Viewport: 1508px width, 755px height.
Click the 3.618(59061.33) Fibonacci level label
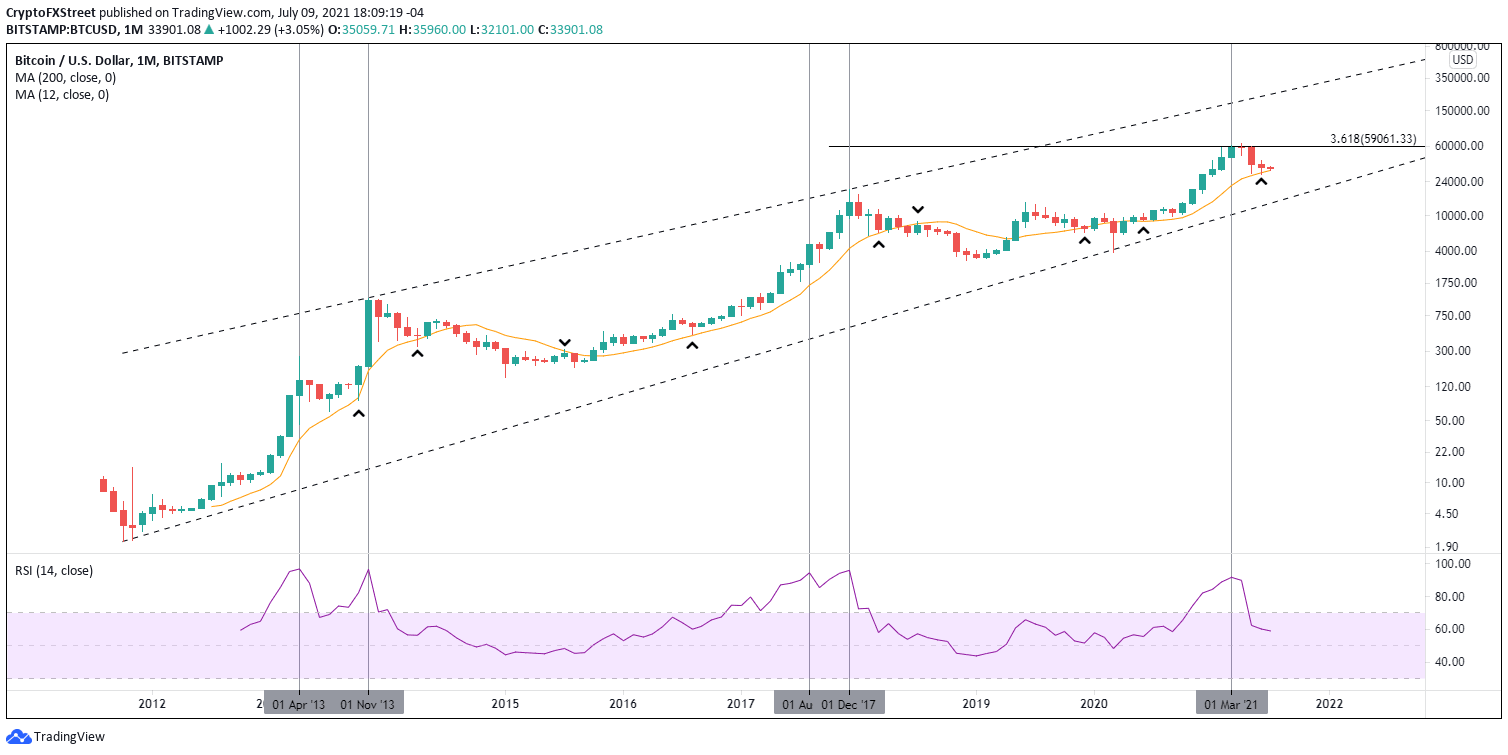point(1373,139)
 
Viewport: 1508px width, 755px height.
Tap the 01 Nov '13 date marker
point(368,703)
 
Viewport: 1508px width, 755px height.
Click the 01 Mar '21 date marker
point(1232,703)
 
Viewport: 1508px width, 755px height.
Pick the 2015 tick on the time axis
point(505,703)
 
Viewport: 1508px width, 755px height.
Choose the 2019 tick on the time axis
point(976,703)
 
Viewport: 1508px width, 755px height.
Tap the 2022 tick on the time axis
point(1329,703)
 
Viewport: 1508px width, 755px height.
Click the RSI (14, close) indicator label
point(54,571)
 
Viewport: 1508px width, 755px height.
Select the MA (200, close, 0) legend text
point(62,78)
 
